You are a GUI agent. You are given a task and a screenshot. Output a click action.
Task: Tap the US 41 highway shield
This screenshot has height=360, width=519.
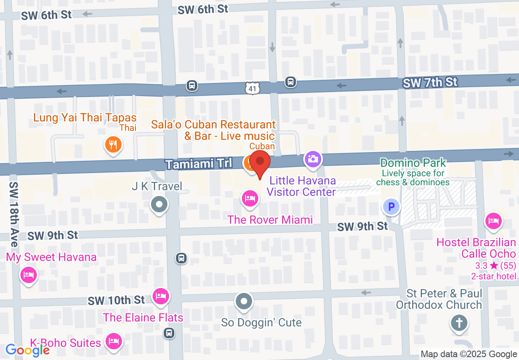click(x=253, y=87)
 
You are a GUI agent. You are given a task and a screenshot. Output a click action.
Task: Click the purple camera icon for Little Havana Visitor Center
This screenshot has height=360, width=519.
click(x=313, y=159)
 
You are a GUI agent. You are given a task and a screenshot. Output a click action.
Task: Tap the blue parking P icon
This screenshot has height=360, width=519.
click(x=391, y=207)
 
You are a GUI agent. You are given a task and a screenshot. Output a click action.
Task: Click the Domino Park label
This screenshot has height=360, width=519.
click(x=413, y=163)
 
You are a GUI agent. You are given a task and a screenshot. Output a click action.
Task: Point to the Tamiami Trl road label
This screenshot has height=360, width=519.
click(x=199, y=164)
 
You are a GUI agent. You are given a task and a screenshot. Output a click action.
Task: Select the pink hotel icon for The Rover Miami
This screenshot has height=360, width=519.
click(x=250, y=199)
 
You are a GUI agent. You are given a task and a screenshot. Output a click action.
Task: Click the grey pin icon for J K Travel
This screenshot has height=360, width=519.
click(x=159, y=204)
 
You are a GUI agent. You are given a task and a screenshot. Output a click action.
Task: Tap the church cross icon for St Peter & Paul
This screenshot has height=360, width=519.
click(x=459, y=323)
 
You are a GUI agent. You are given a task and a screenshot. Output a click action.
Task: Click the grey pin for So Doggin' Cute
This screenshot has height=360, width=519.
click(x=244, y=302)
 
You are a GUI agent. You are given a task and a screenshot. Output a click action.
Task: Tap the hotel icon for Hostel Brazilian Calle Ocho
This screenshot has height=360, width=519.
click(x=493, y=221)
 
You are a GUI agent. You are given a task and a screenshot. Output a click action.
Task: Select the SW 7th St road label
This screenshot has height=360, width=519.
click(x=430, y=83)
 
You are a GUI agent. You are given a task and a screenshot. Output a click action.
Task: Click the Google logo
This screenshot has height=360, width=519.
click(x=27, y=350)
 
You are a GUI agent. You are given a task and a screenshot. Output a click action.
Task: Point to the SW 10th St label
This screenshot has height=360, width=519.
click(x=116, y=300)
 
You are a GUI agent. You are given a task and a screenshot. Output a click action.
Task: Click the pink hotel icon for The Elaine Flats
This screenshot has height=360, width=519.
click(x=160, y=296)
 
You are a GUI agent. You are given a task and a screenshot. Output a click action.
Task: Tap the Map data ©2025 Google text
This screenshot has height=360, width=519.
click(x=469, y=354)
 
